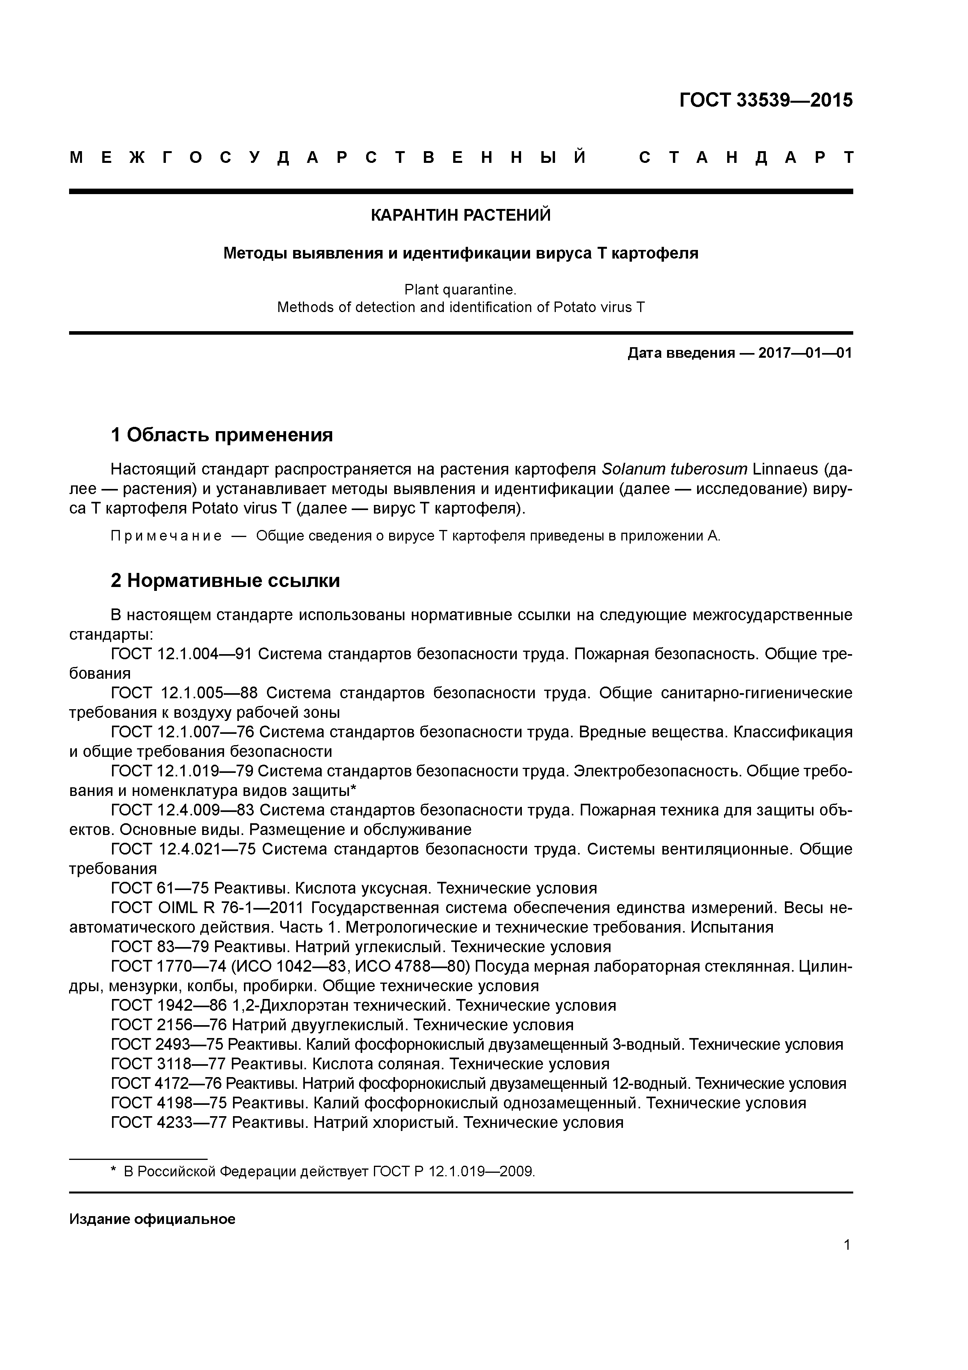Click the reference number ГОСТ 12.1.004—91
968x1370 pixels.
(x=181, y=654)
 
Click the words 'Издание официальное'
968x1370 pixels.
(x=152, y=1219)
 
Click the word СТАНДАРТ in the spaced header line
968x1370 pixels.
(x=746, y=157)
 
